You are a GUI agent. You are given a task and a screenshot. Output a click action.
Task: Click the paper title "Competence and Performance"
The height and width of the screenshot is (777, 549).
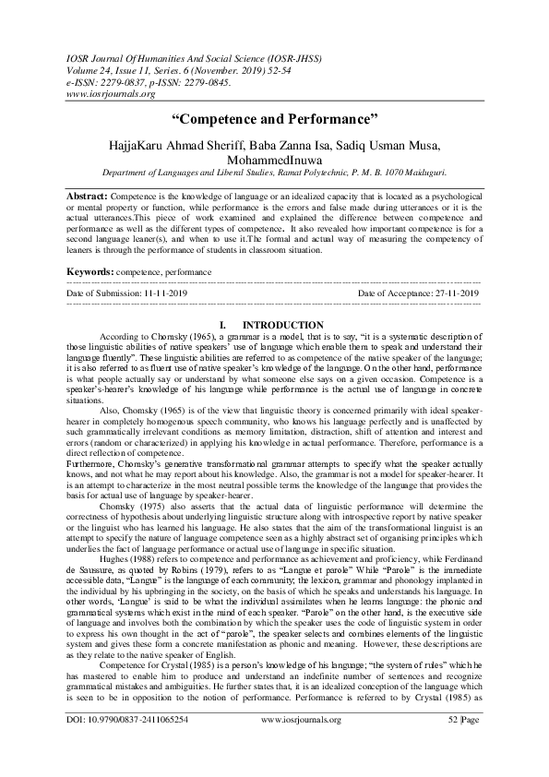(275, 120)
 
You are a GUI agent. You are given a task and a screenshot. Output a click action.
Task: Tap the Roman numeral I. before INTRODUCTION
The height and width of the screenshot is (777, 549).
(222, 325)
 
